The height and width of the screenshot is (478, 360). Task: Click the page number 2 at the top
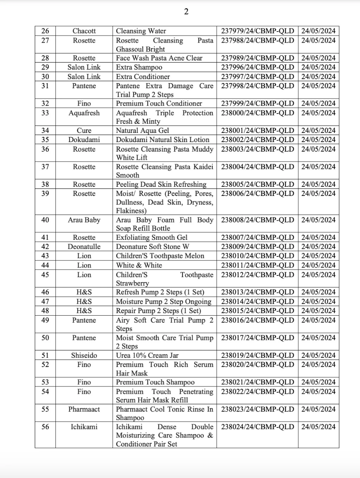(186, 12)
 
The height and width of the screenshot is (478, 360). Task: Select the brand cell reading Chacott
(84, 31)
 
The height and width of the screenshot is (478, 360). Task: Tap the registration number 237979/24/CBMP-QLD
(257, 31)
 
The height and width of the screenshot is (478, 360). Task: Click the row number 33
(45, 113)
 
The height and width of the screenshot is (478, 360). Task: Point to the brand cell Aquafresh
(84, 113)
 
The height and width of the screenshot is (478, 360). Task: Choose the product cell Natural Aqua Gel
(142, 130)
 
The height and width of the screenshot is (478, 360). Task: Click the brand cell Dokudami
(84, 140)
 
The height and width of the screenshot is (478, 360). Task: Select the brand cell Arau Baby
(84, 220)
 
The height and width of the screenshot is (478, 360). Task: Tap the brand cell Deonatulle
(84, 247)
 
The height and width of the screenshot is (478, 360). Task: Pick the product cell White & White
(139, 265)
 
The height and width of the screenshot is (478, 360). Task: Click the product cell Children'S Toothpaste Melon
(160, 256)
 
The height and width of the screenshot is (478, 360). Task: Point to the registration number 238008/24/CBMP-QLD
(257, 220)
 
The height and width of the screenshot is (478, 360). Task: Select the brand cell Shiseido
(84, 355)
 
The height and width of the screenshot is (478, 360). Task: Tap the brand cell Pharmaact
(84, 409)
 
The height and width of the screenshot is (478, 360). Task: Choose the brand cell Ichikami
(84, 427)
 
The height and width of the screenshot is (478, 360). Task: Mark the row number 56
(45, 427)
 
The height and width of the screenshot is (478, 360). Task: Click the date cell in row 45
(318, 275)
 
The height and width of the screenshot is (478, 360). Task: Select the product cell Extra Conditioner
(143, 77)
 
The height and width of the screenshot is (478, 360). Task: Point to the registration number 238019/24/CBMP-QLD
(257, 355)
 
